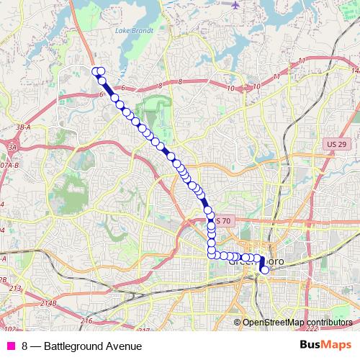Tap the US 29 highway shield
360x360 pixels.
pos(333,144)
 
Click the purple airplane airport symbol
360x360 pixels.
pos(235,4)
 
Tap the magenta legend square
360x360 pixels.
pos(11,346)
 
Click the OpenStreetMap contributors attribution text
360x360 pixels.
pos(297,323)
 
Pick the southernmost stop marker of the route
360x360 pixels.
pos(265,270)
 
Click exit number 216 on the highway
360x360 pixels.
pos(87,320)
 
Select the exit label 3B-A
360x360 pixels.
pos(22,127)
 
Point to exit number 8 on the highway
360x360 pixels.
pos(180,81)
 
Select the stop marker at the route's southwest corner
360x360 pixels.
pos(212,253)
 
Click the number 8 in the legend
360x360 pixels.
pos(25,346)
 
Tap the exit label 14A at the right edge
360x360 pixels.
pos(354,71)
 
